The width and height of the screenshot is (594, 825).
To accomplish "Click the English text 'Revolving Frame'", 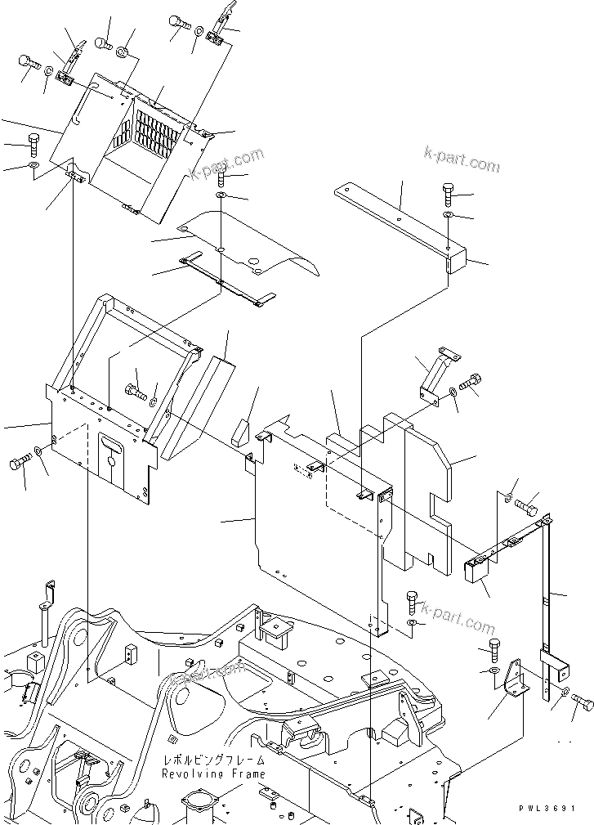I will (212, 773).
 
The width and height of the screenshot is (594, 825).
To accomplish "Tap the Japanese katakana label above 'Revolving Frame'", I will (212, 760).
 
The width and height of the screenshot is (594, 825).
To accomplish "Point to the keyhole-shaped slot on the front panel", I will (110, 451).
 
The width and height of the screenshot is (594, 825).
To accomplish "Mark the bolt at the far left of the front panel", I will (20, 464).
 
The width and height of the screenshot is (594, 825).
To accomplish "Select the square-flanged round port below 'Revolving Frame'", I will (200, 801).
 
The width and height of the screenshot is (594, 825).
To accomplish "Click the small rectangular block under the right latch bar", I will (476, 568).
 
